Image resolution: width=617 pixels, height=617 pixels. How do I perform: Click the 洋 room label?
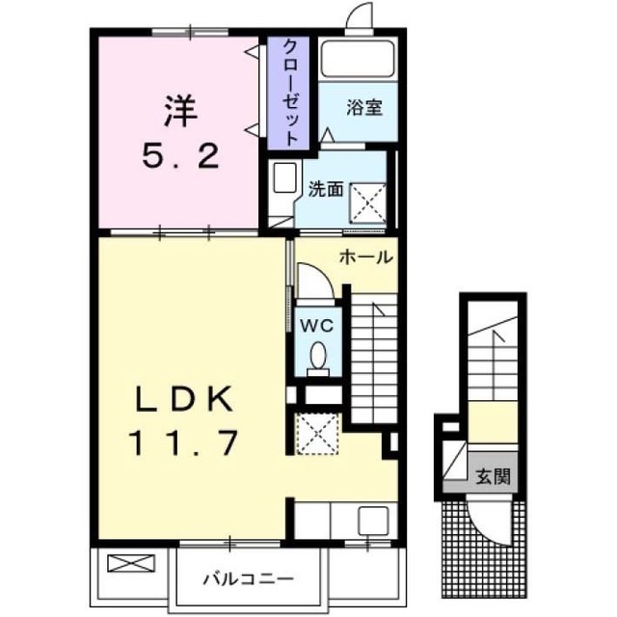[180, 111]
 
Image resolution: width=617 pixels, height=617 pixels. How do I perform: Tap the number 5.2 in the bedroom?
[180, 155]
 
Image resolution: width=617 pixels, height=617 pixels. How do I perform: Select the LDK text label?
[183, 398]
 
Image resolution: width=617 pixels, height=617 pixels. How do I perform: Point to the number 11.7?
[183, 443]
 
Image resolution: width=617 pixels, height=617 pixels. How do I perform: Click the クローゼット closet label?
[290, 93]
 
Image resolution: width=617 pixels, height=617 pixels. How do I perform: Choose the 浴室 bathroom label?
[364, 107]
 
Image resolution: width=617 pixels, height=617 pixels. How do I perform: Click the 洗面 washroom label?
[326, 189]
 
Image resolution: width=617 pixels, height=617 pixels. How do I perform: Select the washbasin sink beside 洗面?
[284, 177]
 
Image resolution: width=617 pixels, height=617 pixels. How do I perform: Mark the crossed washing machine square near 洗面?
[368, 203]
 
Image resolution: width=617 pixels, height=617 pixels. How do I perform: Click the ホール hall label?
[366, 257]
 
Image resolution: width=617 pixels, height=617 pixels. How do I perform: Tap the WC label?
[317, 326]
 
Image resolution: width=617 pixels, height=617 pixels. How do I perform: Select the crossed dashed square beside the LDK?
[317, 434]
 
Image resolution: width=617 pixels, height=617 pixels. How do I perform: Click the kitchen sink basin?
[373, 521]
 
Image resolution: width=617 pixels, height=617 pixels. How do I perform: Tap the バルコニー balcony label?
[249, 578]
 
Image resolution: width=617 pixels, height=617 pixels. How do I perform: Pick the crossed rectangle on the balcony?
[131, 563]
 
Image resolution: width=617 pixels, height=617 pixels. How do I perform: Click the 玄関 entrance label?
[493, 476]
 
